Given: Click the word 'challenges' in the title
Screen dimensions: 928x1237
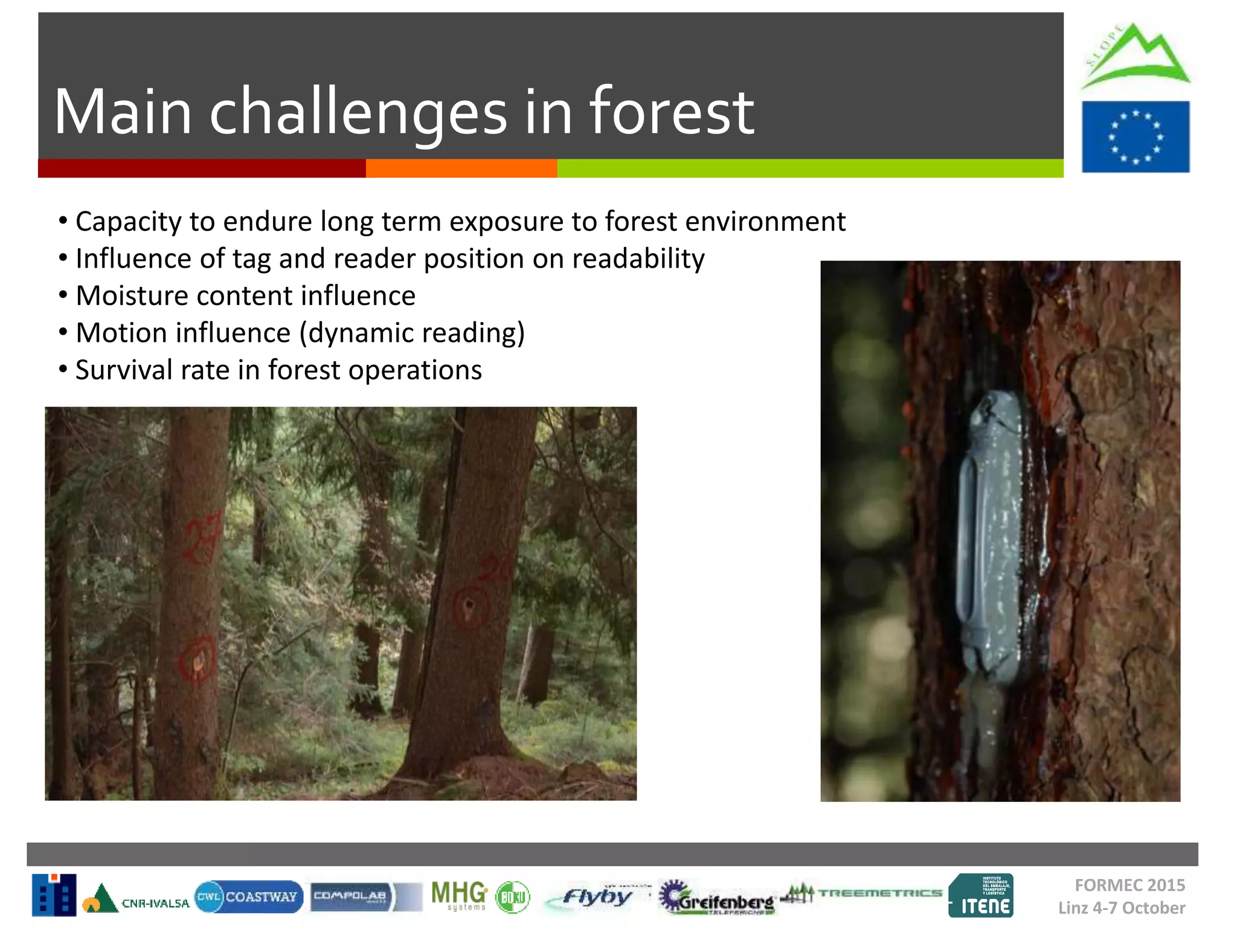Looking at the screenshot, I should coord(358,113).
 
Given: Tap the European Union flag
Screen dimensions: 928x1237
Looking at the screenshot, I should coord(1136,137).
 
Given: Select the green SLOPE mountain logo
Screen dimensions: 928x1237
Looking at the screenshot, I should coord(1135,56).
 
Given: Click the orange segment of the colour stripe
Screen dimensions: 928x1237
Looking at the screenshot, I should coord(461,169).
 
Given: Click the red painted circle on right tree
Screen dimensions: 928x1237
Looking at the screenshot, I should coord(469,607).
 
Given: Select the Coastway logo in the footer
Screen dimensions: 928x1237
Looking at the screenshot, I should coord(248,897).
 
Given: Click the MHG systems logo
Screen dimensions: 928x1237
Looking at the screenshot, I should coord(459,895).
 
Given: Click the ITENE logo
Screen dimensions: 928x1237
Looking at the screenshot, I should coord(981,895).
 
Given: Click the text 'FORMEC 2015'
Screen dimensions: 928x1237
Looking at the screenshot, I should coord(1129,885).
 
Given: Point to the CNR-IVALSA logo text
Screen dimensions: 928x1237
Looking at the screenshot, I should coord(155,903).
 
